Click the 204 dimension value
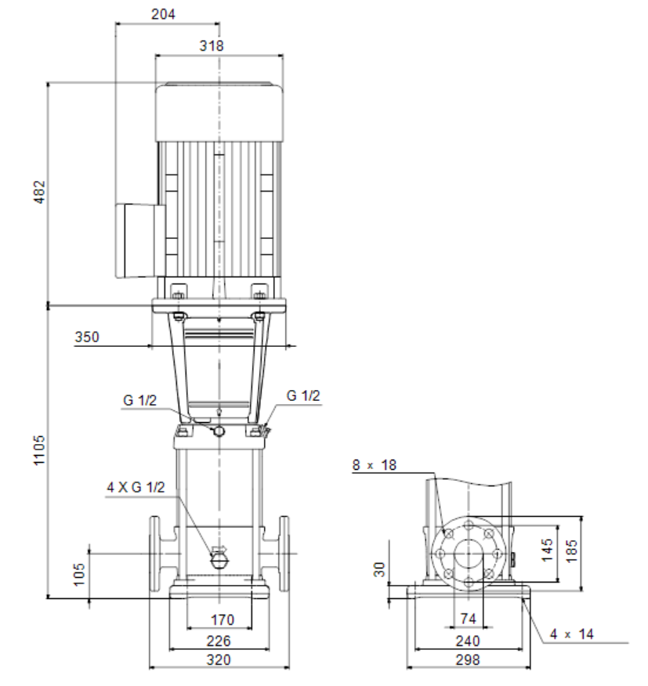tap(163, 14)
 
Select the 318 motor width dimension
tap(212, 45)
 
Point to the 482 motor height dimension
tap(39, 192)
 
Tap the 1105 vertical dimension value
tap(39, 450)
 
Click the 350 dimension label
tap(87, 337)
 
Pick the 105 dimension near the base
tap(79, 575)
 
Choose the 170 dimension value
tap(223, 619)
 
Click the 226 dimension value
tap(219, 641)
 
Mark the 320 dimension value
tap(219, 659)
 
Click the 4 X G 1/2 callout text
tap(136, 487)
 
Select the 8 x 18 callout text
tap(375, 464)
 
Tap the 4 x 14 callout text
tap(572, 634)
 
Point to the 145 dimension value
tap(547, 550)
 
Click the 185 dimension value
tap(571, 551)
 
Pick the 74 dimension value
tap(468, 618)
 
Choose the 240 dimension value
tap(468, 641)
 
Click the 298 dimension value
tap(468, 659)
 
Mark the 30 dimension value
tap(379, 569)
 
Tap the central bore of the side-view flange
tap(469, 554)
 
